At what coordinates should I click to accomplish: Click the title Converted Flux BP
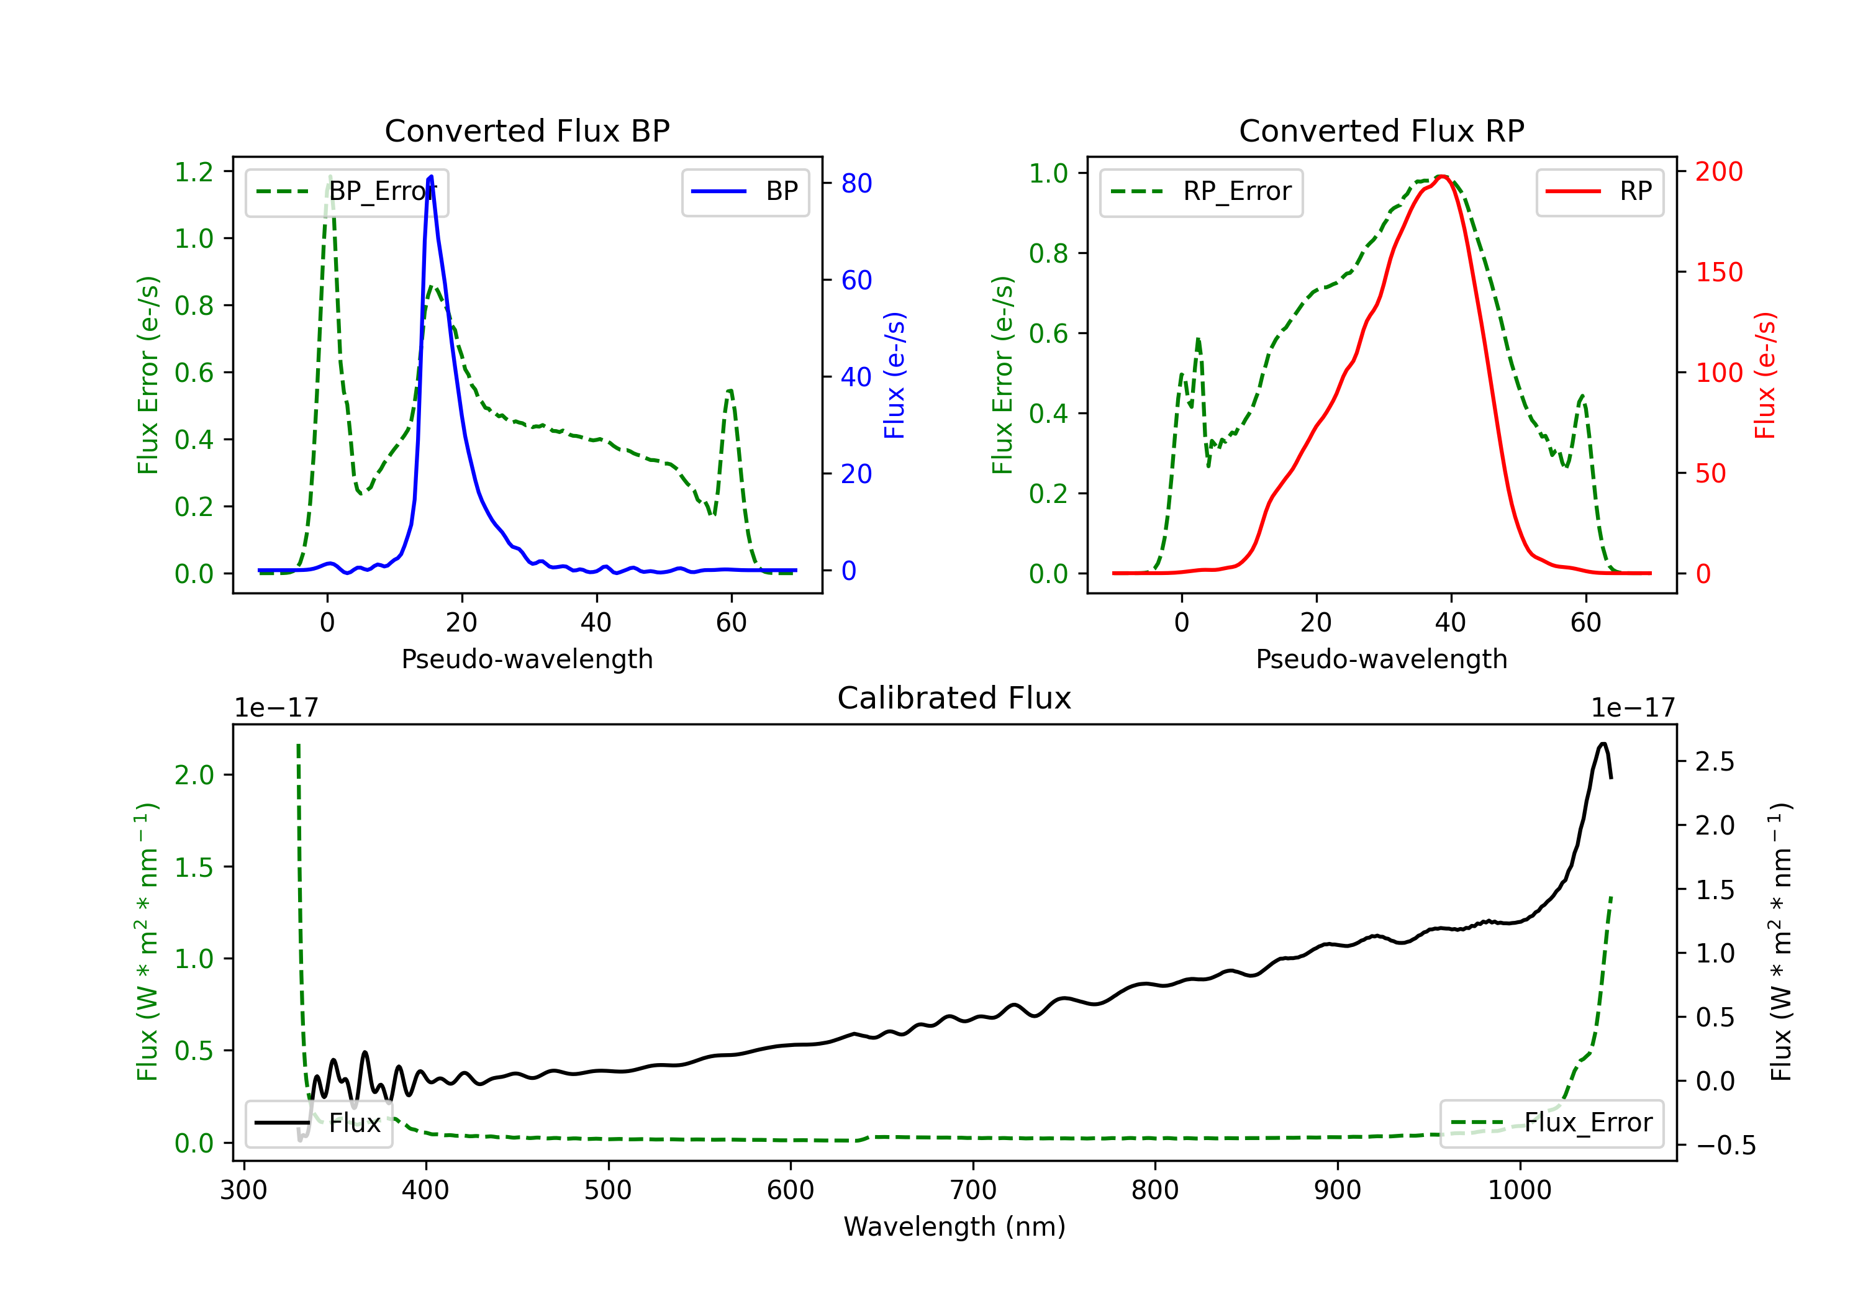tap(527, 130)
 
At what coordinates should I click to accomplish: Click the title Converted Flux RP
tap(1381, 130)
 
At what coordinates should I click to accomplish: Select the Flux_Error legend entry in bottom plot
tap(1551, 1123)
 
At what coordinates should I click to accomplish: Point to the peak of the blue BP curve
tap(430, 176)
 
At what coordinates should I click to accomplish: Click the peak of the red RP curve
tap(1442, 176)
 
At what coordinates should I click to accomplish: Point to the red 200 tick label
tap(1718, 172)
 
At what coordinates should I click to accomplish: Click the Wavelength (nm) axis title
tap(954, 1226)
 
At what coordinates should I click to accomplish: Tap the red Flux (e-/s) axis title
tap(1765, 375)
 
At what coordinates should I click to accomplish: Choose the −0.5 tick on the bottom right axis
tap(1725, 1146)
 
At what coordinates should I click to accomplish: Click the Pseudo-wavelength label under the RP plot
tap(1381, 659)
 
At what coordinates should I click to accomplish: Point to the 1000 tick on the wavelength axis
tap(1519, 1190)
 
